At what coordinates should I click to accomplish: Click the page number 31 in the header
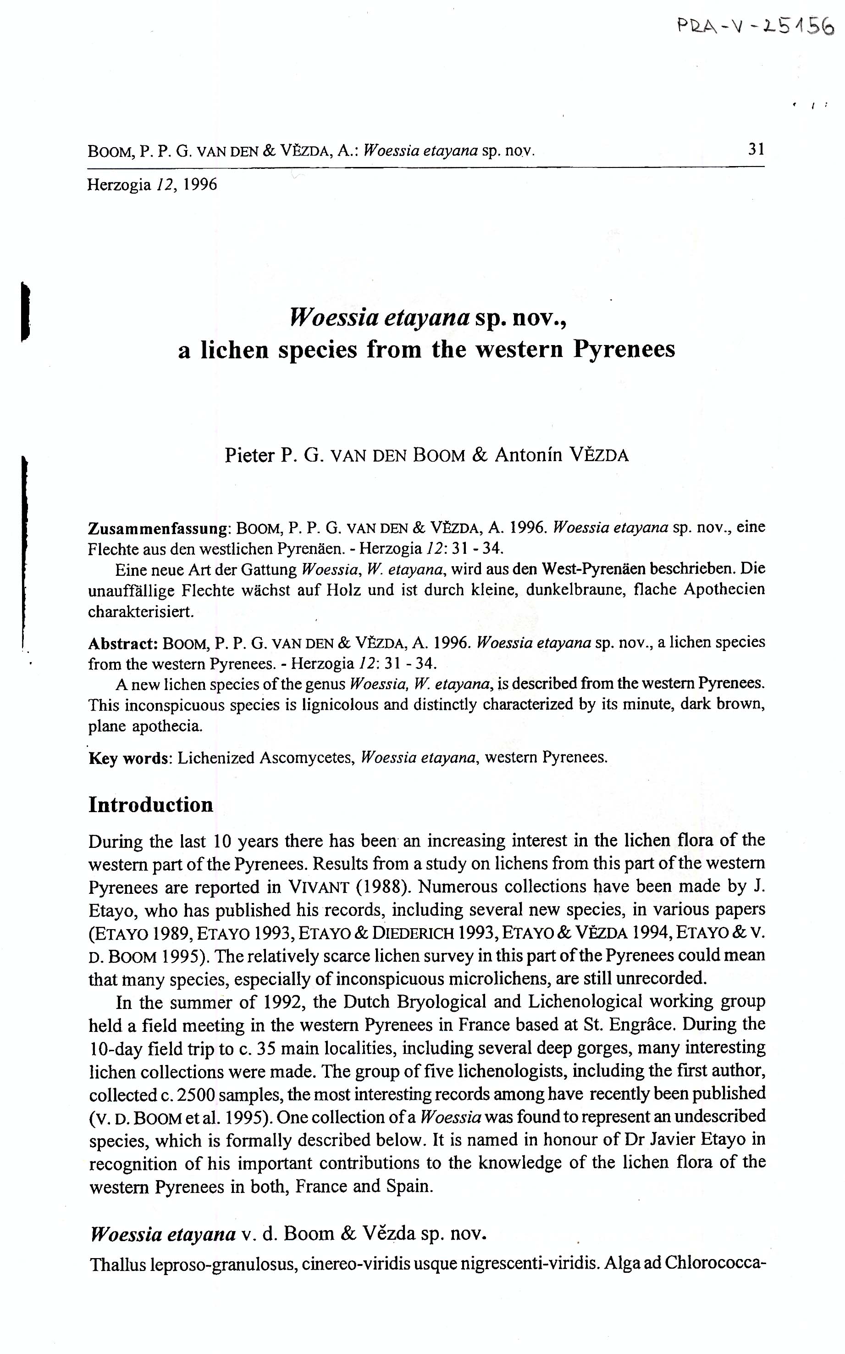[756, 149]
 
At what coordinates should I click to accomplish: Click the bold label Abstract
[123, 643]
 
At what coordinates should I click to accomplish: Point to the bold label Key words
[130, 758]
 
